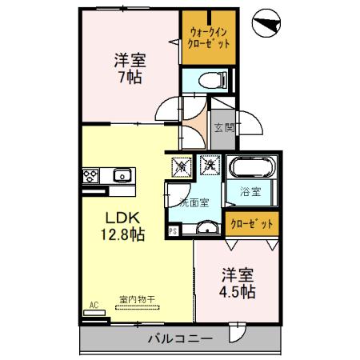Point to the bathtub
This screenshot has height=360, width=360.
click(x=250, y=170)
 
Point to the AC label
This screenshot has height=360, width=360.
click(x=94, y=306)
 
